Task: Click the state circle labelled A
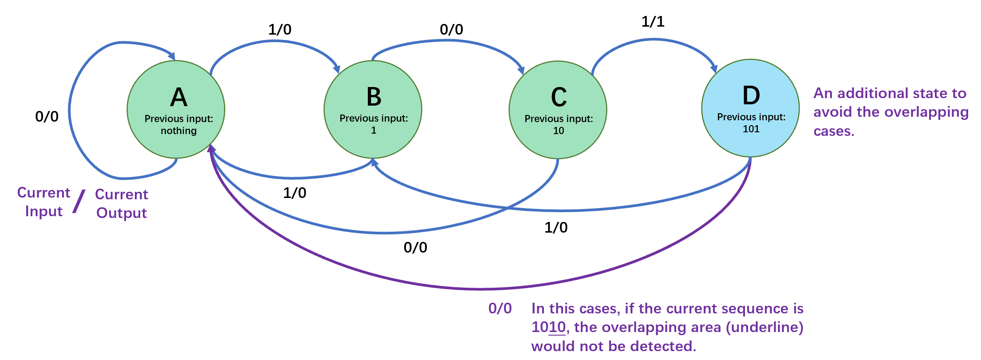(x=176, y=109)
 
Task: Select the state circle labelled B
(x=373, y=109)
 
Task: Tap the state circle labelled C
(x=558, y=110)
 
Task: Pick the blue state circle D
(x=751, y=108)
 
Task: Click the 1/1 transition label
(x=653, y=21)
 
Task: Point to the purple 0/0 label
(x=500, y=308)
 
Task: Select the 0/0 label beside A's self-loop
(x=47, y=116)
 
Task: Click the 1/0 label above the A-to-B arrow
(x=280, y=29)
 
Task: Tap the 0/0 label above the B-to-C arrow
(x=451, y=29)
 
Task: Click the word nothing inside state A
(x=179, y=131)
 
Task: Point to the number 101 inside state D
(x=751, y=129)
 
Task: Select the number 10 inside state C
(x=559, y=131)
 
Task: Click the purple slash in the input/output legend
(x=79, y=201)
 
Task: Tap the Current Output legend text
(x=122, y=204)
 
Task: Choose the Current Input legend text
(x=43, y=202)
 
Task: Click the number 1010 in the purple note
(x=549, y=327)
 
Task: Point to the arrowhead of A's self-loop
(x=171, y=56)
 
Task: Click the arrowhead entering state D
(x=714, y=68)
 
